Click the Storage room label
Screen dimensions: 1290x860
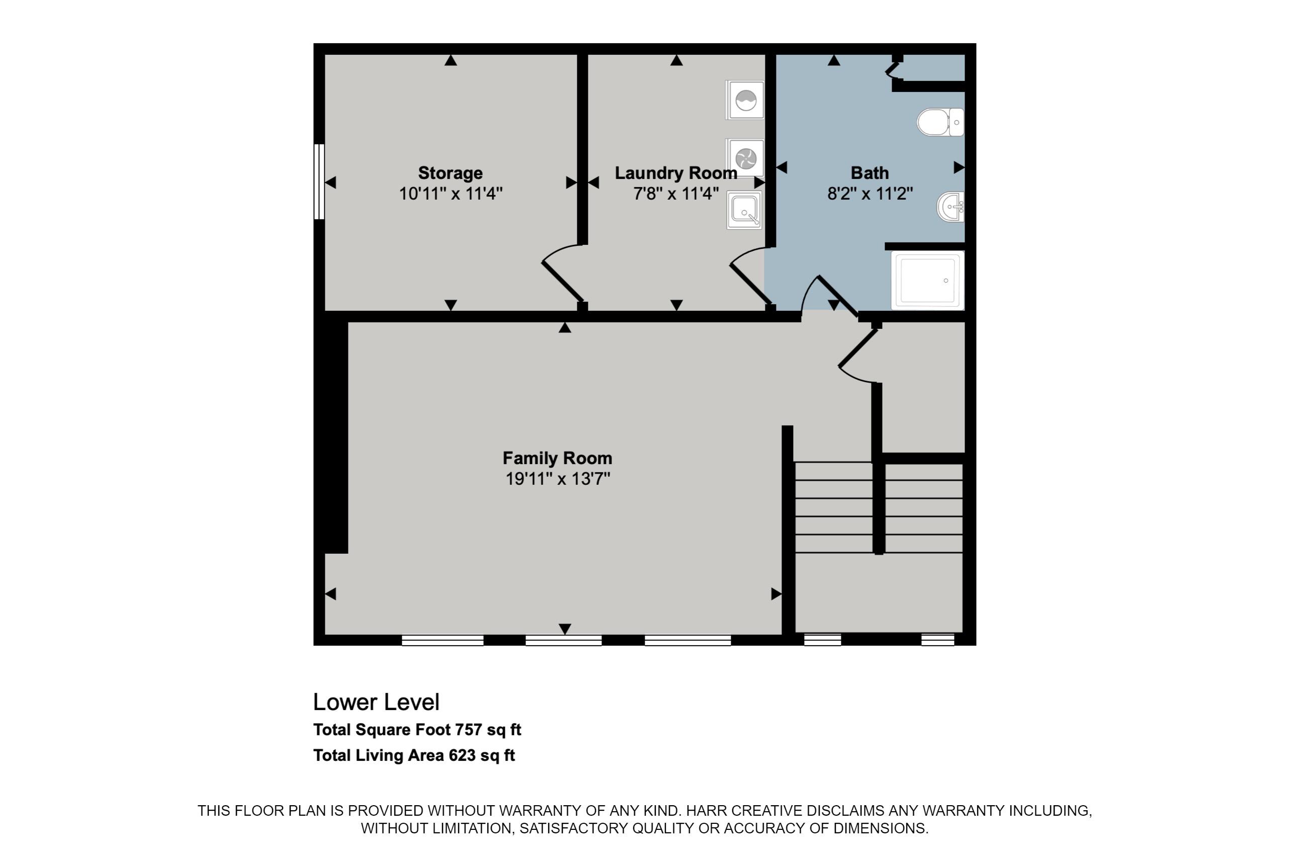[x=450, y=173]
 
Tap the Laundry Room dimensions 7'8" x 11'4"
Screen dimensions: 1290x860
[x=676, y=194]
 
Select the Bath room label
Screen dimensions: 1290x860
[x=870, y=173]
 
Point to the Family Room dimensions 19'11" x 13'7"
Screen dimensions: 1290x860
[x=558, y=479]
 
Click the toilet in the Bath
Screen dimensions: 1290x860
[x=940, y=122]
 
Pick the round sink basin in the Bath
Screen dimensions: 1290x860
[x=951, y=207]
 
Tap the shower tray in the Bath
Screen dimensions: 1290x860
[x=927, y=280]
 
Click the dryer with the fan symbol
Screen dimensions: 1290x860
[x=745, y=158]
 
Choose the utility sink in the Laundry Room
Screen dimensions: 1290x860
[x=744, y=210]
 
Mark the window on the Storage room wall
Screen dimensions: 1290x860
[x=319, y=182]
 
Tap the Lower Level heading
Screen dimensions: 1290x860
[x=376, y=702]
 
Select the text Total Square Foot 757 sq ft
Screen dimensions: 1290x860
[x=417, y=729]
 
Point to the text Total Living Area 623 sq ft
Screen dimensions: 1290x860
[x=414, y=755]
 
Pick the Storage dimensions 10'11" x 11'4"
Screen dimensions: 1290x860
[x=450, y=194]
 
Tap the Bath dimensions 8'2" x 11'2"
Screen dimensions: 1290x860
[x=870, y=194]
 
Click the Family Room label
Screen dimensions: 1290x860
[x=557, y=458]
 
